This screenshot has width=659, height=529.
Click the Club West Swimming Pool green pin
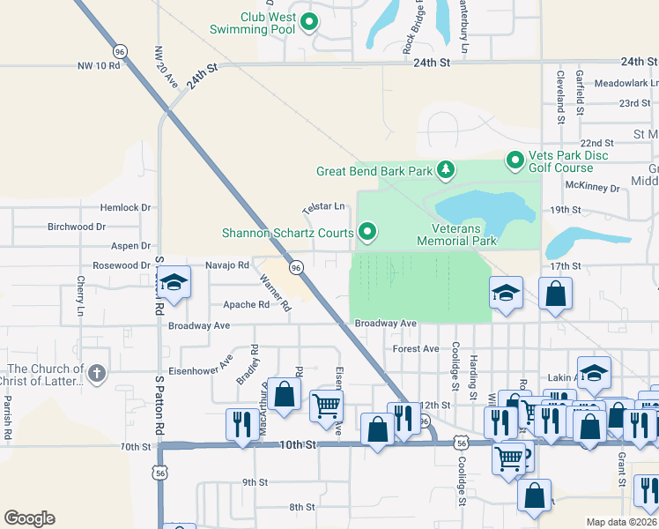(309, 22)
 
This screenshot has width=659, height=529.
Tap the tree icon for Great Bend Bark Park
(447, 169)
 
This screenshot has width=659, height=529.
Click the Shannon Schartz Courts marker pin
(367, 233)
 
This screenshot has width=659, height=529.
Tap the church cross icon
(97, 374)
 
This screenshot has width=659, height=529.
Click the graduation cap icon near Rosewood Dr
(174, 283)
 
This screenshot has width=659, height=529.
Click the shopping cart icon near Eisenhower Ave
(326, 405)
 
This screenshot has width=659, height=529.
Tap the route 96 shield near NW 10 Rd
(120, 52)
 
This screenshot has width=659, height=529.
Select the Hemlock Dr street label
(126, 208)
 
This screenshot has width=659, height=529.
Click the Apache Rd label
(247, 305)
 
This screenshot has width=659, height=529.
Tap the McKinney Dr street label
(593, 187)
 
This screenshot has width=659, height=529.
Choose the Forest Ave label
(416, 349)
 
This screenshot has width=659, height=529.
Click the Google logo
(29, 518)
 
